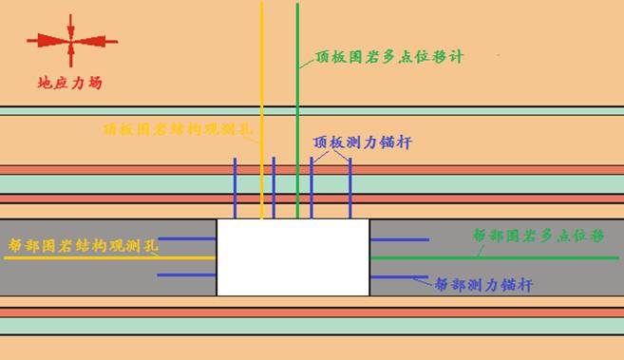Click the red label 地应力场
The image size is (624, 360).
68,84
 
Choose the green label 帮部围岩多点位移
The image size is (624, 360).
537,234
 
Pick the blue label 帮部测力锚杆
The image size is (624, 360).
482,283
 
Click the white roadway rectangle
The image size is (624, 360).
293,256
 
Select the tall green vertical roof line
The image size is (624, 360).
297,95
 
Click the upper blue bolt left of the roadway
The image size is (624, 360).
187,238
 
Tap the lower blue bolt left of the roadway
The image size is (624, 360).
187,275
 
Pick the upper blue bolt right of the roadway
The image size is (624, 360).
399,239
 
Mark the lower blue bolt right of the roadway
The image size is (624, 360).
399,276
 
